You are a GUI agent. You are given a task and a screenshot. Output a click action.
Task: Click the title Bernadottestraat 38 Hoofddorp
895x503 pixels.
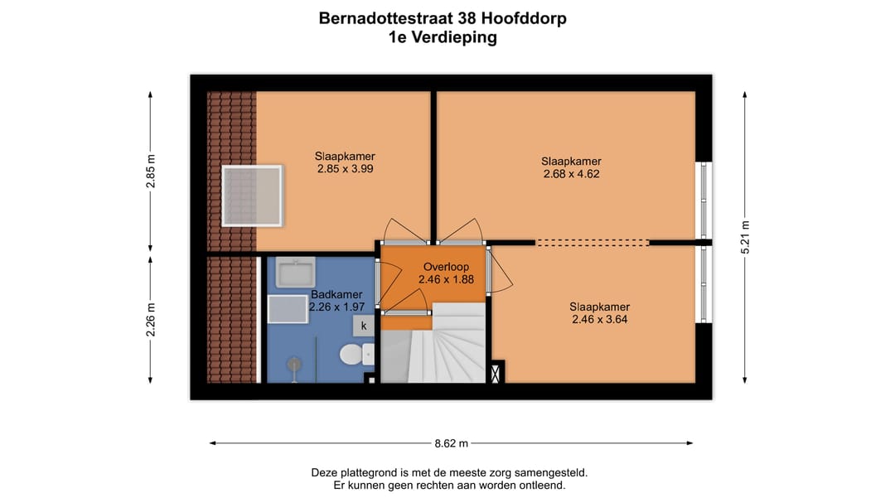click(x=443, y=18)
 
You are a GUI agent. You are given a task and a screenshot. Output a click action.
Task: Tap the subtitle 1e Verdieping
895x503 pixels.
click(x=443, y=37)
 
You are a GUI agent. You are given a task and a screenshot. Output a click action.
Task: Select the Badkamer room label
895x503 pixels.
click(x=336, y=294)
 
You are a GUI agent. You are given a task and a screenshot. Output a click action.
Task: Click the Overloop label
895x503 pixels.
click(x=446, y=267)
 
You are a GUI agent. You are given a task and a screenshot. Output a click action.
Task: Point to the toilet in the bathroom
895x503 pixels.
click(x=354, y=355)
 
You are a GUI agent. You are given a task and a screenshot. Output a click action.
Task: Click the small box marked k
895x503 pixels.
click(x=363, y=326)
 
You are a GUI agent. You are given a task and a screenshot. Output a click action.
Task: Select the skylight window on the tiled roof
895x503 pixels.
click(x=252, y=196)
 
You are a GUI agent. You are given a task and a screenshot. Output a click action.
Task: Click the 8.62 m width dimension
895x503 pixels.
click(x=452, y=443)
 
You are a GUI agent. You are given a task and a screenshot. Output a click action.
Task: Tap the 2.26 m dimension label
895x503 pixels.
click(x=151, y=320)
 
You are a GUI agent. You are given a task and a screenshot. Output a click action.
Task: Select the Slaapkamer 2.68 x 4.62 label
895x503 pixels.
click(x=571, y=167)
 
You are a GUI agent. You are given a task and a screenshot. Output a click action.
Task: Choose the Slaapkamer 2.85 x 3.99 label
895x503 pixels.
click(x=345, y=162)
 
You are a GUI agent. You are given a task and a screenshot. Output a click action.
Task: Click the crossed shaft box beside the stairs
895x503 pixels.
click(x=496, y=374)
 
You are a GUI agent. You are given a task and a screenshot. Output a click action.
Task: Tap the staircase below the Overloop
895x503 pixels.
click(x=445, y=348)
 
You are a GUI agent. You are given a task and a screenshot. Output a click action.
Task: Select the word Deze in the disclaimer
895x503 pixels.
click(x=326, y=473)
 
